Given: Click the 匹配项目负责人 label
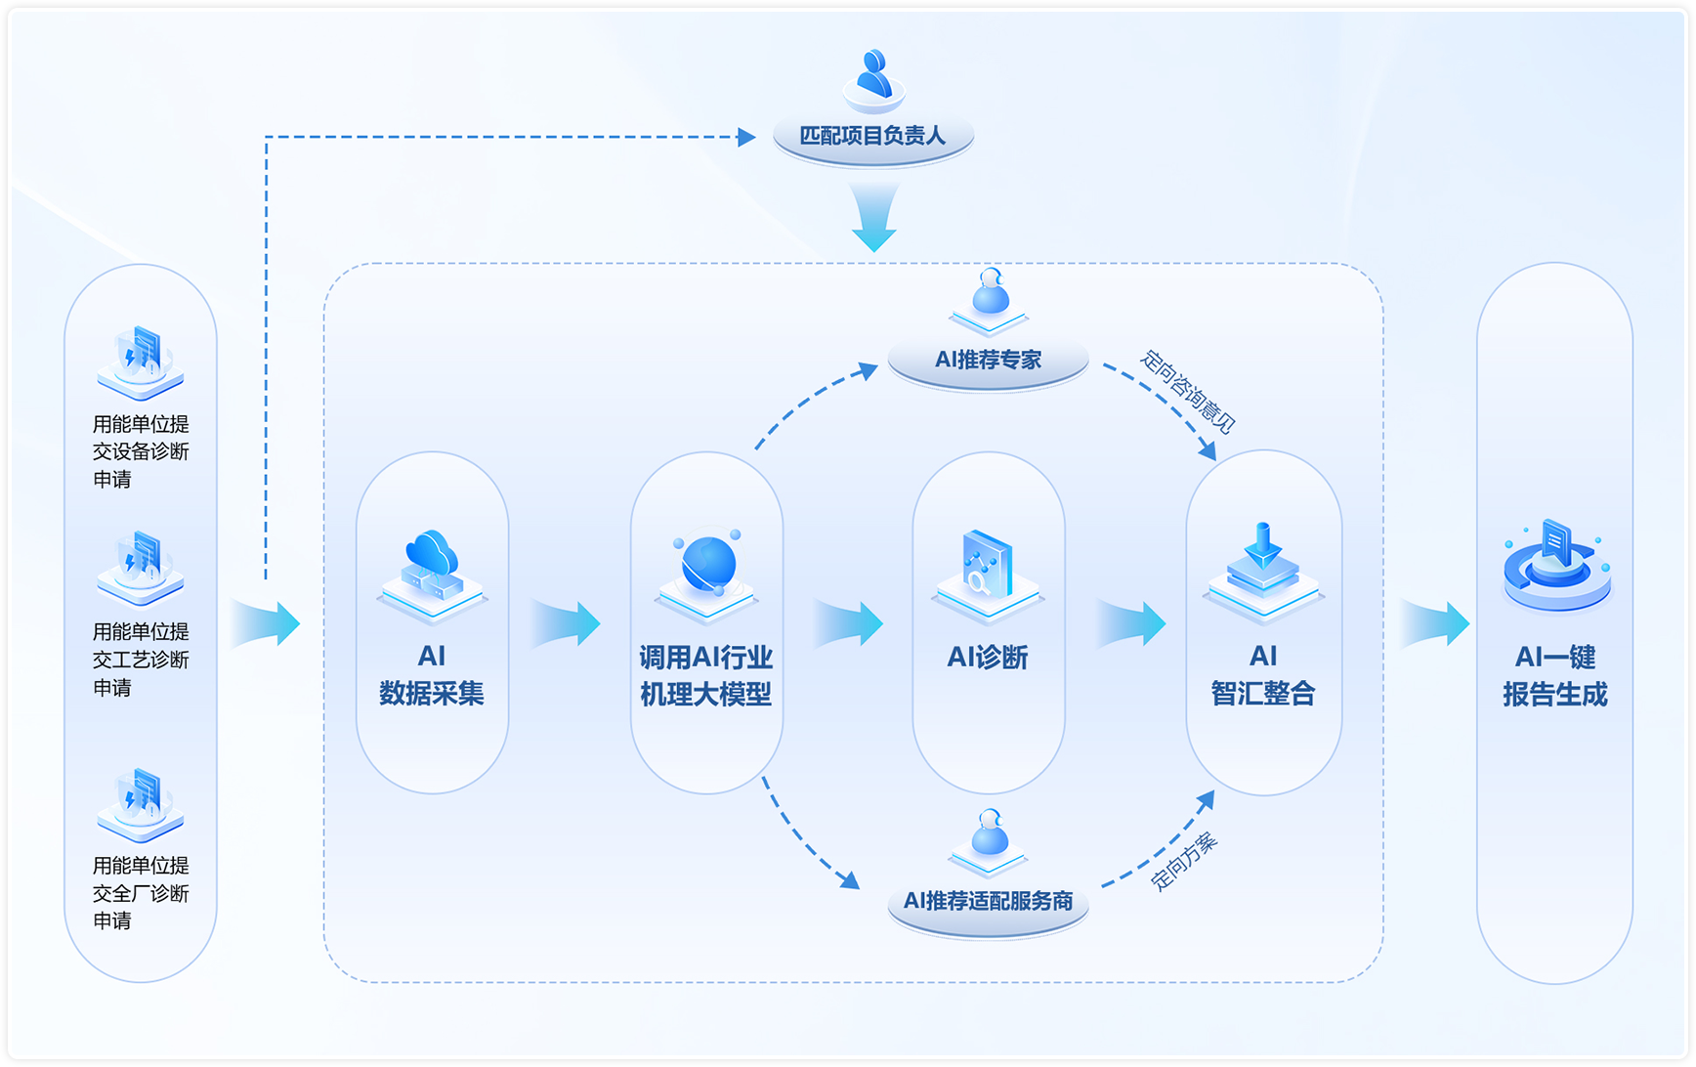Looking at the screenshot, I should (872, 136).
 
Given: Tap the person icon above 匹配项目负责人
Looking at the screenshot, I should (873, 78).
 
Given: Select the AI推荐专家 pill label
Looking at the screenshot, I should (988, 360).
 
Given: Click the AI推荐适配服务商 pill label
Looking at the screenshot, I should (988, 901).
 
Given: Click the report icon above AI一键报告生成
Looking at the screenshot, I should (1555, 565).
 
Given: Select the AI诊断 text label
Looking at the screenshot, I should (988, 658).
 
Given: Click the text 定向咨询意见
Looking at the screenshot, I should (1188, 392).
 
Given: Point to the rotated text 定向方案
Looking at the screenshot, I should (1184, 861).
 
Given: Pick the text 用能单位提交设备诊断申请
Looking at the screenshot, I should (141, 451).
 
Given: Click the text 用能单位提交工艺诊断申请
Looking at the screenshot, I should (141, 660).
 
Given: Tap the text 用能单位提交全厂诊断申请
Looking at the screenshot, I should (141, 893).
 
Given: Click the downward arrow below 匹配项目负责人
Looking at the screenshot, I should (873, 218).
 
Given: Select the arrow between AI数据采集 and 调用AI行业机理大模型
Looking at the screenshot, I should (567, 623).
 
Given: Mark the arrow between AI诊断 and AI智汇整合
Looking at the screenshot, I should (1131, 623).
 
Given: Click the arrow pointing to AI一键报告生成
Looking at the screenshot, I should (1434, 623).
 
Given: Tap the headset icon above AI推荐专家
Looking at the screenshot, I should (990, 293).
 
